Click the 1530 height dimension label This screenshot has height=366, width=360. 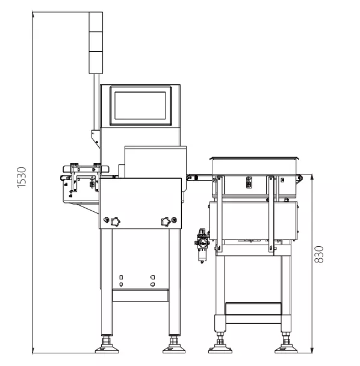22,178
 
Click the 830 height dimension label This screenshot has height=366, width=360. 319,255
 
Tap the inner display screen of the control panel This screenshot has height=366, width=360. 140,105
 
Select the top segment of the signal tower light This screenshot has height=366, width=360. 96,22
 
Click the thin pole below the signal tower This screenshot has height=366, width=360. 96,102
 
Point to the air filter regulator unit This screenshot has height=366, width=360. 202,246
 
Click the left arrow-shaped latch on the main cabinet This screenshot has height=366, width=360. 116,222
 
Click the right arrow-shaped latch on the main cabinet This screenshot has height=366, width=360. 166,222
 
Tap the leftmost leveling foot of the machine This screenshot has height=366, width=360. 107,345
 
